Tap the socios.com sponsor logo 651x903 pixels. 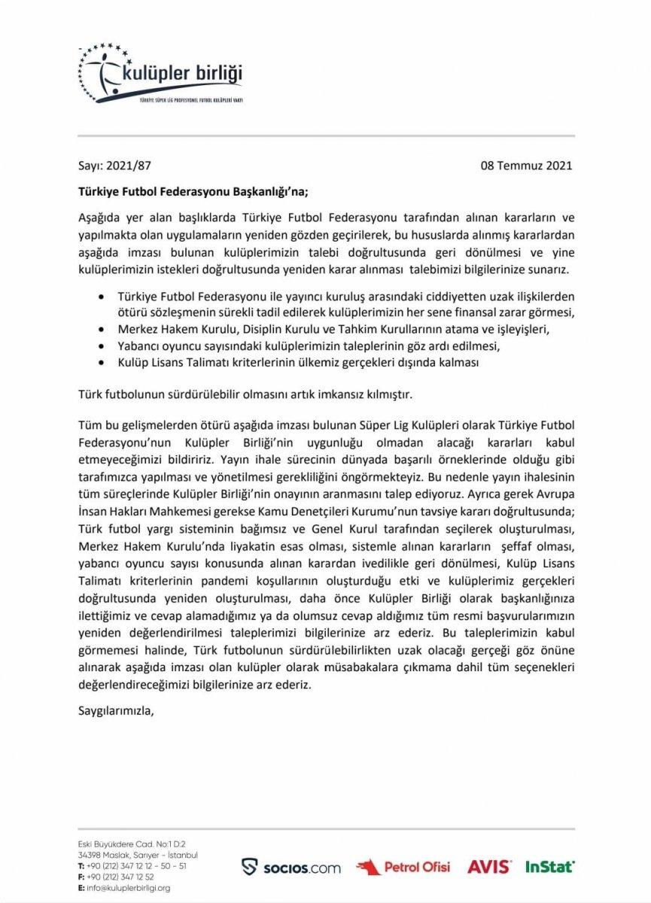click(291, 867)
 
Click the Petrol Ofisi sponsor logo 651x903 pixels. click(403, 867)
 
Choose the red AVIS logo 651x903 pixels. click(488, 867)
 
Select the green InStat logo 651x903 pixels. click(549, 867)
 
